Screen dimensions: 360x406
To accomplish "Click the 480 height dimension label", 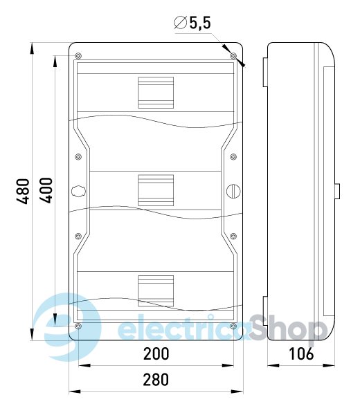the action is point(23,191).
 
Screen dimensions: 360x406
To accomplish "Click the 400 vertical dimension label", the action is point(46,190).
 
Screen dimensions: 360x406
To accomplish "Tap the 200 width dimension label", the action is point(156,354).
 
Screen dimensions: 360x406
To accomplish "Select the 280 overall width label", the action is point(156,379).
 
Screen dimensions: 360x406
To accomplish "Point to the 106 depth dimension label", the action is point(301,354).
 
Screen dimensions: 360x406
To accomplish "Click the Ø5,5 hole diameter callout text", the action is point(192,23).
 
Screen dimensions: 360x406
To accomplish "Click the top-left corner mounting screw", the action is point(78,55).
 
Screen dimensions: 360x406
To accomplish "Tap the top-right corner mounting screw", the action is point(233,55).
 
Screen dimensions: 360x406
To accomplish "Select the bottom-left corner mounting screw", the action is point(78,326).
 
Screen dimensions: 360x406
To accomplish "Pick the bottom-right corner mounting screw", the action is point(233,326).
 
